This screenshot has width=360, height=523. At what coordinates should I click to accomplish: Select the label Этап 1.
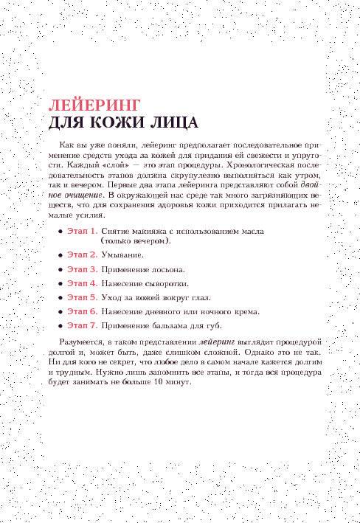(82, 231)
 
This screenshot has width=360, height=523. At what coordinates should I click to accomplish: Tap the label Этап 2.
(82, 254)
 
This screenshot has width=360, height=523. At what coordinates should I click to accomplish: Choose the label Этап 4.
(82, 283)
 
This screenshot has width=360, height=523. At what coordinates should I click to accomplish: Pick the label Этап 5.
(82, 297)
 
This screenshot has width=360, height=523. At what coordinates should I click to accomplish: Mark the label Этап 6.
(82, 311)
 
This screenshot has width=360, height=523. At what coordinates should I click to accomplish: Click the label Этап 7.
(82, 325)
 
